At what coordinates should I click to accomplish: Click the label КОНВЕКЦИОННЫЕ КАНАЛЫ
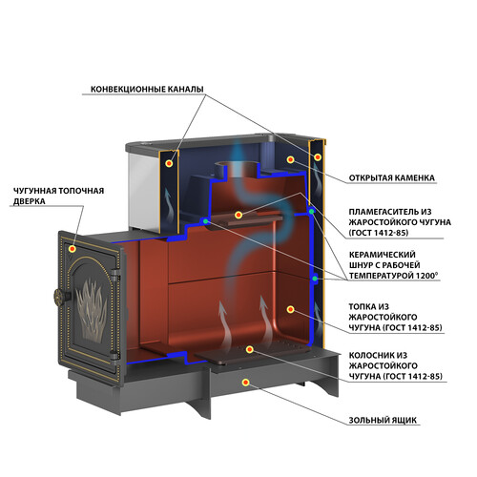tap(147, 89)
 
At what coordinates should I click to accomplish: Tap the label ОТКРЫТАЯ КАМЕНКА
tap(392, 177)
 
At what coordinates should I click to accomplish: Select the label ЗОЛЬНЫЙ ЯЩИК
tap(383, 420)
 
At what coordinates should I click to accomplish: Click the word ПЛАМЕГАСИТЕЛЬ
tap(382, 212)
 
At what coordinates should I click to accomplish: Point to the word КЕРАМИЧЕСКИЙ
tap(383, 255)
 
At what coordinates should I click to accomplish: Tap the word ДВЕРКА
tap(29, 201)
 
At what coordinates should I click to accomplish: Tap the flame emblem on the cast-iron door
tap(92, 310)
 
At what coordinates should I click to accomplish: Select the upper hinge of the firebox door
tap(114, 274)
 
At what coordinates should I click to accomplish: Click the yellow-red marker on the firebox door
tap(73, 249)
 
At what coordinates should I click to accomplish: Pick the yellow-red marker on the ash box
tap(245, 383)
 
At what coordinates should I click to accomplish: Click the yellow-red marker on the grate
tap(250, 349)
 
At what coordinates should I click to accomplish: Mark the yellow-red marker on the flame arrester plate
tap(238, 216)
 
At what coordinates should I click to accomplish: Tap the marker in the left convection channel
tap(169, 163)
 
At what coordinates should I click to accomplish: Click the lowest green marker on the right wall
tap(315, 279)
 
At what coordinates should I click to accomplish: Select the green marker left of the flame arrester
tap(205, 221)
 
